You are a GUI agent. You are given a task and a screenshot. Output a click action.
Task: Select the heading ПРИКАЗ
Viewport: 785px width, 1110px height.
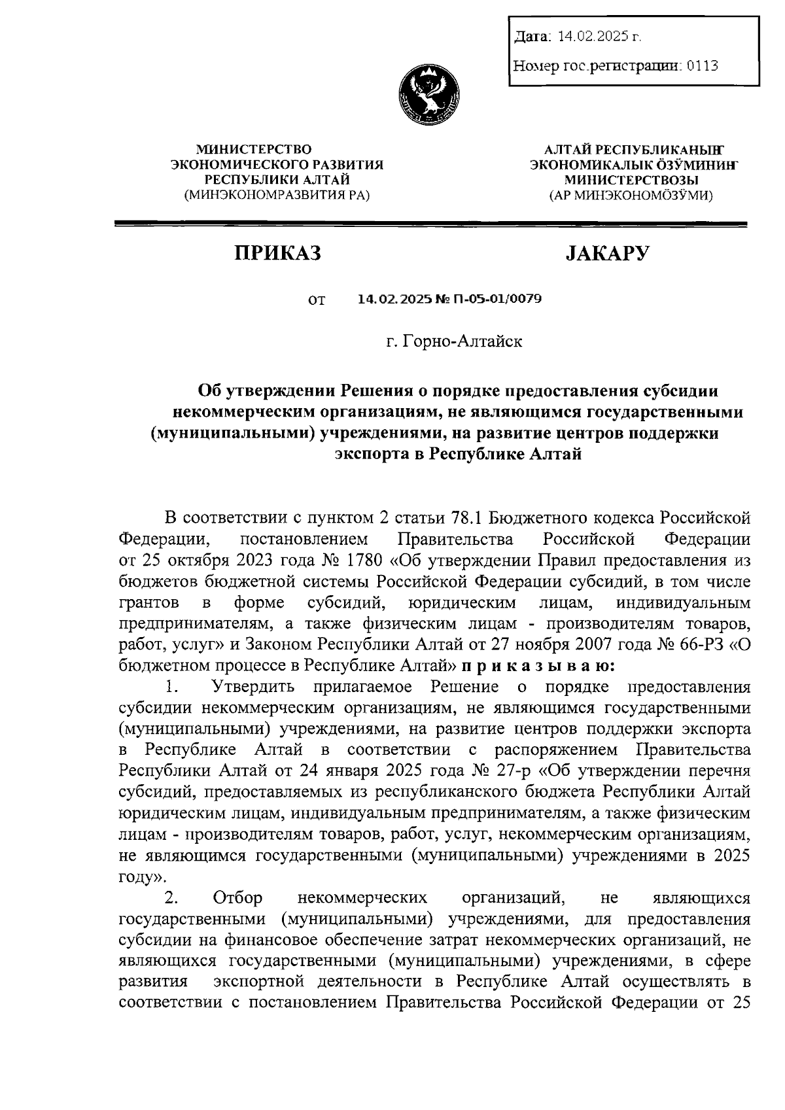279,253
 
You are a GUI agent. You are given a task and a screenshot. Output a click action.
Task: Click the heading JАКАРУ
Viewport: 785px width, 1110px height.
607,253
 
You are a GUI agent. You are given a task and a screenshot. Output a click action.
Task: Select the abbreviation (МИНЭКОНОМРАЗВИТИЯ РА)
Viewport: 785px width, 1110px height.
277,194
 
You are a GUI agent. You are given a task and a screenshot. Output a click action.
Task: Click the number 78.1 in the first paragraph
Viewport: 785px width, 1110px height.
466,518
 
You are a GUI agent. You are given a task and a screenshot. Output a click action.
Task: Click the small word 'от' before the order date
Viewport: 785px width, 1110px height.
316,301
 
